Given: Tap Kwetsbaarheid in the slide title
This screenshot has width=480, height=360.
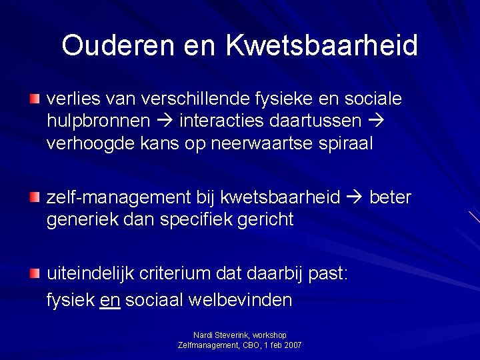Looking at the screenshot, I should (322, 45).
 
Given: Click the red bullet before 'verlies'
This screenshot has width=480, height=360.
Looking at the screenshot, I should (35, 99).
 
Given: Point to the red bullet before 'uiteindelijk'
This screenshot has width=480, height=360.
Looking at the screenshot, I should (35, 273).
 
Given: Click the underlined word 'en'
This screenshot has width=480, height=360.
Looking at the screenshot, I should (109, 300).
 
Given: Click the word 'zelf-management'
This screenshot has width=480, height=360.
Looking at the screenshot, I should (118, 198).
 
